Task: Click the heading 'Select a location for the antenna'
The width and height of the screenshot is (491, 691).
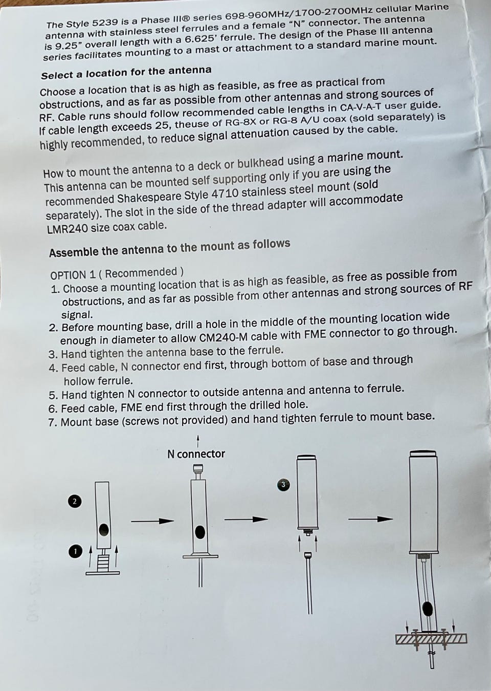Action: (x=126, y=73)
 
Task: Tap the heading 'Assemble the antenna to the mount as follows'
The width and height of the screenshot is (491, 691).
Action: (x=169, y=248)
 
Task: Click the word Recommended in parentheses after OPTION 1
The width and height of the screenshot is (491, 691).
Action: (x=141, y=272)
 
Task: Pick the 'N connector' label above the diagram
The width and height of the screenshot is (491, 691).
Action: (x=196, y=454)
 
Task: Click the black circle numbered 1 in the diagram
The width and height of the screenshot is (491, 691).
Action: (x=76, y=551)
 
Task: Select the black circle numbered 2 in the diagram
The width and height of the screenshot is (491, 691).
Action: (x=75, y=501)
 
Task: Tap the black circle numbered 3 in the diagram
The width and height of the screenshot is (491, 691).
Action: (x=283, y=485)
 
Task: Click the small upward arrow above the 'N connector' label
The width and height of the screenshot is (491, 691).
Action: (x=198, y=441)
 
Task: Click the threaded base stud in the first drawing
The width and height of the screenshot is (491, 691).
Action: (x=103, y=562)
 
